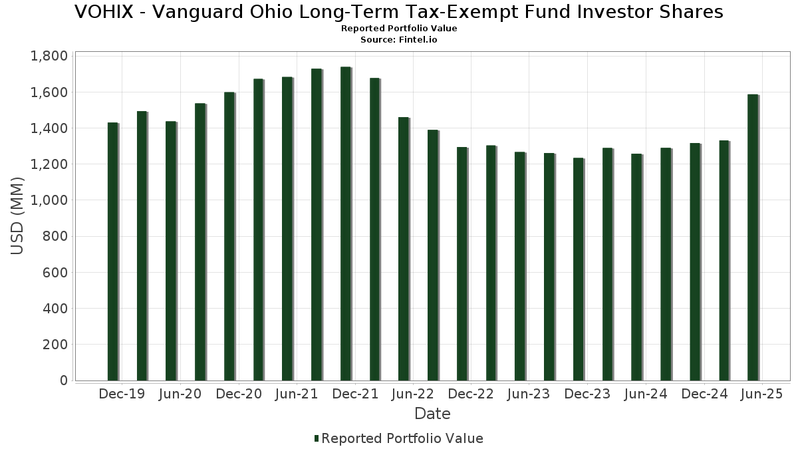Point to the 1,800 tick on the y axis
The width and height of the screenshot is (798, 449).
click(49, 56)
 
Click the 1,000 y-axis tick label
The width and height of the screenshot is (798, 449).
click(49, 200)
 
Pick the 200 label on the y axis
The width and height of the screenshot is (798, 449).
click(56, 345)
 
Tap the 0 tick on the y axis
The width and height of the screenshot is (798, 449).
click(63, 380)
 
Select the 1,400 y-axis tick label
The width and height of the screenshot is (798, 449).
click(49, 128)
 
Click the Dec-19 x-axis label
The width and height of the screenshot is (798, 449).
click(122, 394)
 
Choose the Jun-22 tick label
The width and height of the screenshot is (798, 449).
click(412, 394)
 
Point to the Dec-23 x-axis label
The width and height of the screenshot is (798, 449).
click(587, 394)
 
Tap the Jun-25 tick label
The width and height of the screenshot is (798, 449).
click(761, 394)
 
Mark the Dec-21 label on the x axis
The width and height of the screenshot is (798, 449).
click(355, 394)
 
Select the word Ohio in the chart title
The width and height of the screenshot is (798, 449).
click(259, 12)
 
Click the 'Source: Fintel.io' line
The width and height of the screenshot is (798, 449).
click(399, 40)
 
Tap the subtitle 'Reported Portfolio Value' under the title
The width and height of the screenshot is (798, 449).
click(399, 29)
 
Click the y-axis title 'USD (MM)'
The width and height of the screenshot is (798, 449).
click(18, 216)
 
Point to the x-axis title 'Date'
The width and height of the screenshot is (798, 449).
click(432, 414)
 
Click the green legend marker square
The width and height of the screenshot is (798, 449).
click(317, 438)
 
